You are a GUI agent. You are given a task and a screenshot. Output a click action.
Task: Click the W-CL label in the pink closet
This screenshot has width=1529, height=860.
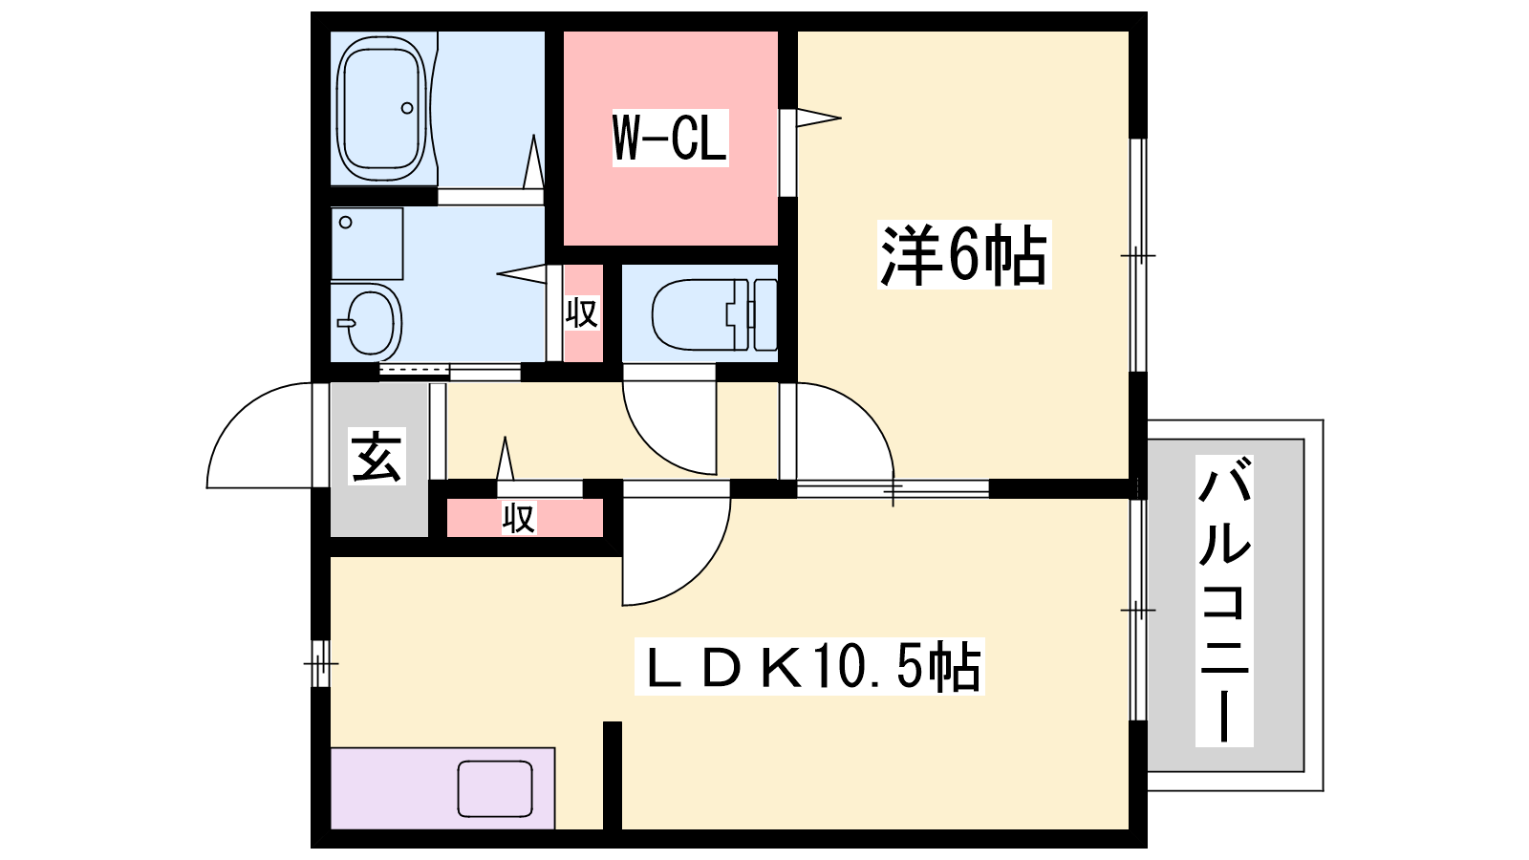(670, 138)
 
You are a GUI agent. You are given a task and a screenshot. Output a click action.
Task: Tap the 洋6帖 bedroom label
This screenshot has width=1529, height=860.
(964, 254)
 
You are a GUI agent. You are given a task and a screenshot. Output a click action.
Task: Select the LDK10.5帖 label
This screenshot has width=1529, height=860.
(809, 666)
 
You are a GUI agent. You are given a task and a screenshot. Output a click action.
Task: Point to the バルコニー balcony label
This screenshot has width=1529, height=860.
(1224, 601)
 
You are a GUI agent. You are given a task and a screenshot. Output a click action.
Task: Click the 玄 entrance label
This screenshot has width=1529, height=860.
(377, 456)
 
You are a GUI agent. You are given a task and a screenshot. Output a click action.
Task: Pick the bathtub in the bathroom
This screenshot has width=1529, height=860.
(383, 108)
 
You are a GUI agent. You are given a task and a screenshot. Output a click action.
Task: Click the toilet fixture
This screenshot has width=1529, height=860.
(715, 314)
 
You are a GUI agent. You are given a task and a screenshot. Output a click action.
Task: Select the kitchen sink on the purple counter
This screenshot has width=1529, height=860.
(495, 789)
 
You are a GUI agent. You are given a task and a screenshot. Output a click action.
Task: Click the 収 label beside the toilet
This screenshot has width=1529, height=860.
(582, 313)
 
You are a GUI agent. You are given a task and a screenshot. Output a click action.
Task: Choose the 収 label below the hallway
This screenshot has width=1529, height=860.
(519, 518)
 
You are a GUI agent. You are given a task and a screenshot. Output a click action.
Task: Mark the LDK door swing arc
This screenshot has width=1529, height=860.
(703, 570)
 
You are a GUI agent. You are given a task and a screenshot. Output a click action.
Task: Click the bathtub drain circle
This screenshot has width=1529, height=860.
(407, 108)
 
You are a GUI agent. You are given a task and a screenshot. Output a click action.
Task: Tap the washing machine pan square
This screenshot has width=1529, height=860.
(367, 244)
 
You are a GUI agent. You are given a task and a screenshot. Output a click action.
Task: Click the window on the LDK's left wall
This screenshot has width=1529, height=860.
(320, 663)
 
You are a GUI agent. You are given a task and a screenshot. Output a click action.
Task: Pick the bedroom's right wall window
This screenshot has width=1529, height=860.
(1138, 255)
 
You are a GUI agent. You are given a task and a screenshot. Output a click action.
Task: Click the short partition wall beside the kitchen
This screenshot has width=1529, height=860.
(613, 775)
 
